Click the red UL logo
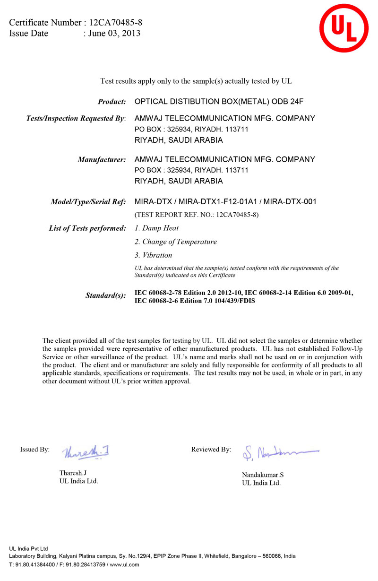click(344, 28)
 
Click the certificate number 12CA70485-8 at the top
click(115, 22)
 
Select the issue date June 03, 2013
click(114, 33)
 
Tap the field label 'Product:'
click(112, 102)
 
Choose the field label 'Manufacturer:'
click(102, 160)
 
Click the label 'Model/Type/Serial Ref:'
click(88, 202)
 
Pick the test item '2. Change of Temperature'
click(176, 242)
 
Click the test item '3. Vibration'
click(154, 255)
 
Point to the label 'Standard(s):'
click(105, 295)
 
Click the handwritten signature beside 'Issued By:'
click(87, 452)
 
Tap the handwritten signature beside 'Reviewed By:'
click(279, 453)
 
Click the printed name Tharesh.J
click(73, 473)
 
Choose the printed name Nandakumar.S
click(263, 475)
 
